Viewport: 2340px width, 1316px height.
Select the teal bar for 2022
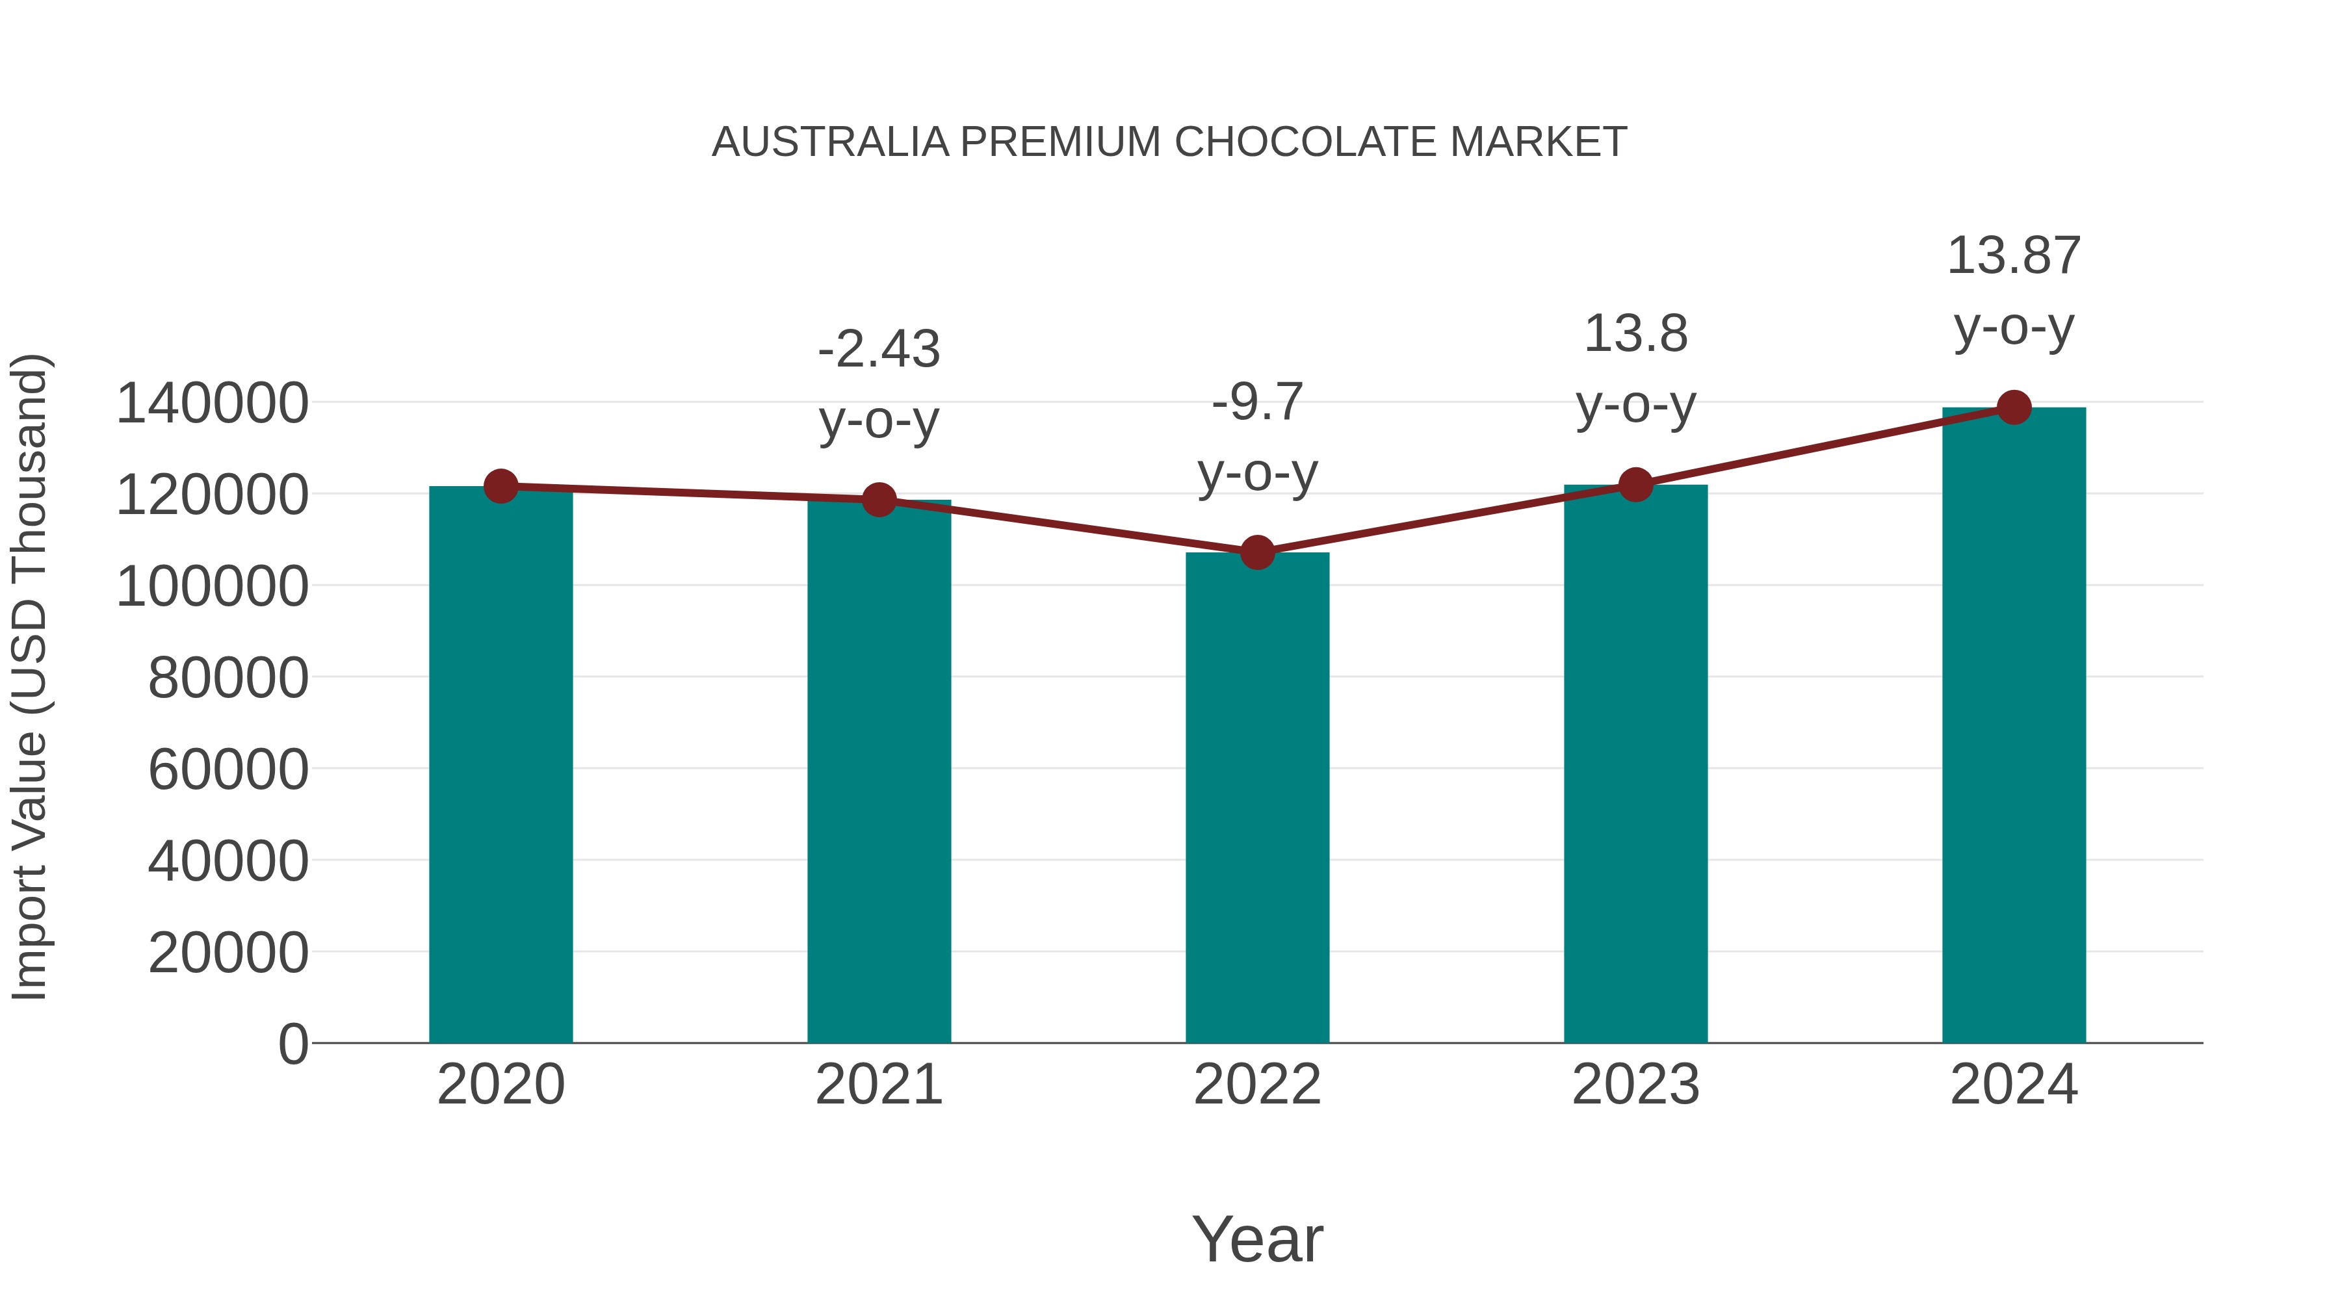tap(1257, 797)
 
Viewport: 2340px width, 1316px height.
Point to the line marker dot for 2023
tap(1635, 485)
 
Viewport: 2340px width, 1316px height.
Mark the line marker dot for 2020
tap(500, 486)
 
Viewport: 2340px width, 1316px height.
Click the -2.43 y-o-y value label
tap(878, 350)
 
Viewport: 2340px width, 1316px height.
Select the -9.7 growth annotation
tap(1257, 402)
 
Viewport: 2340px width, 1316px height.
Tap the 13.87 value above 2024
tap(2014, 256)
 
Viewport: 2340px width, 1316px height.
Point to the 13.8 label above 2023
tap(1635, 334)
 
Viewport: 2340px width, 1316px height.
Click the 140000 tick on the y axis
tap(213, 403)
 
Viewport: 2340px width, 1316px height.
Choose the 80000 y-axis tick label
tap(228, 678)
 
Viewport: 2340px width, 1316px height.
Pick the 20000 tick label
tap(228, 953)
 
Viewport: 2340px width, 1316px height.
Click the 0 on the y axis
tap(293, 1044)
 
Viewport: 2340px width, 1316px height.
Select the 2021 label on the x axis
tap(878, 1085)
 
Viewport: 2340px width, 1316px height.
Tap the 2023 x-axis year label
tap(1635, 1085)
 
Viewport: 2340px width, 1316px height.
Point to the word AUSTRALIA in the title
tap(830, 142)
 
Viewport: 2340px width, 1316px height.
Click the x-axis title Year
tap(1257, 1239)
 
